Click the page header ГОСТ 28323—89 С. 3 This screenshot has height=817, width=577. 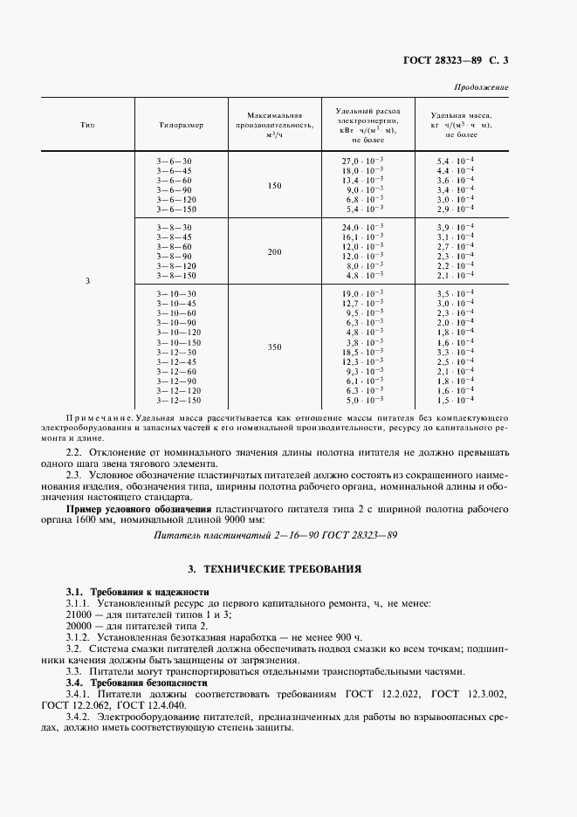tap(456, 61)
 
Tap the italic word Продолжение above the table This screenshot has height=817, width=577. tap(482, 88)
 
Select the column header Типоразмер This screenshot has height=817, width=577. tap(181, 125)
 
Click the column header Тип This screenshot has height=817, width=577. tap(87, 125)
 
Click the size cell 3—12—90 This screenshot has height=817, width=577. tap(178, 381)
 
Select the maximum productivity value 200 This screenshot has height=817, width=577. tap(275, 251)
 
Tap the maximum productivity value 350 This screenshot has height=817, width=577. tap(275, 347)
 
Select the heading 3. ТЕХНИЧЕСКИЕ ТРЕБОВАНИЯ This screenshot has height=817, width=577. tap(287, 568)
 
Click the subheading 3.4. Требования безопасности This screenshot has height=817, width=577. tap(137, 682)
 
